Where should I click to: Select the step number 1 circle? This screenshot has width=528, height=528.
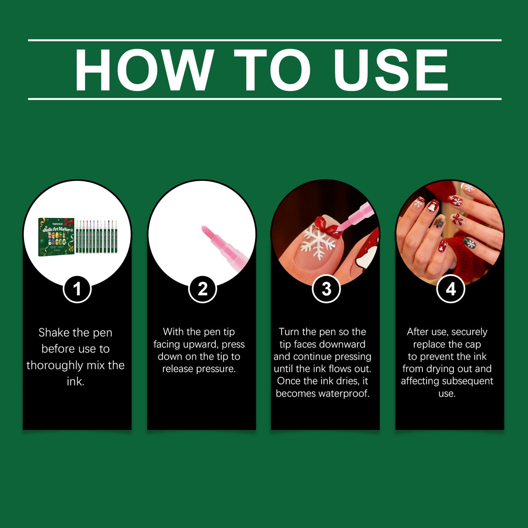pyautogui.click(x=77, y=289)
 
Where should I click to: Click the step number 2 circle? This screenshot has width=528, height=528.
pyautogui.click(x=202, y=289)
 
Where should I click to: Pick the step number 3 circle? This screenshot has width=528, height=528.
pyautogui.click(x=326, y=289)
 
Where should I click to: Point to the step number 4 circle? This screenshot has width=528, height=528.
pyautogui.click(x=451, y=289)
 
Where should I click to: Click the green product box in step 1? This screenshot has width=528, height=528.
pyautogui.click(x=56, y=237)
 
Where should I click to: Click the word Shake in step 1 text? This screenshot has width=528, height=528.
pyautogui.click(x=54, y=333)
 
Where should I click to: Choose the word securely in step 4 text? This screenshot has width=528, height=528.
pyautogui.click(x=470, y=332)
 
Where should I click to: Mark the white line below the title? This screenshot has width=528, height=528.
pyautogui.click(x=265, y=99)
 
